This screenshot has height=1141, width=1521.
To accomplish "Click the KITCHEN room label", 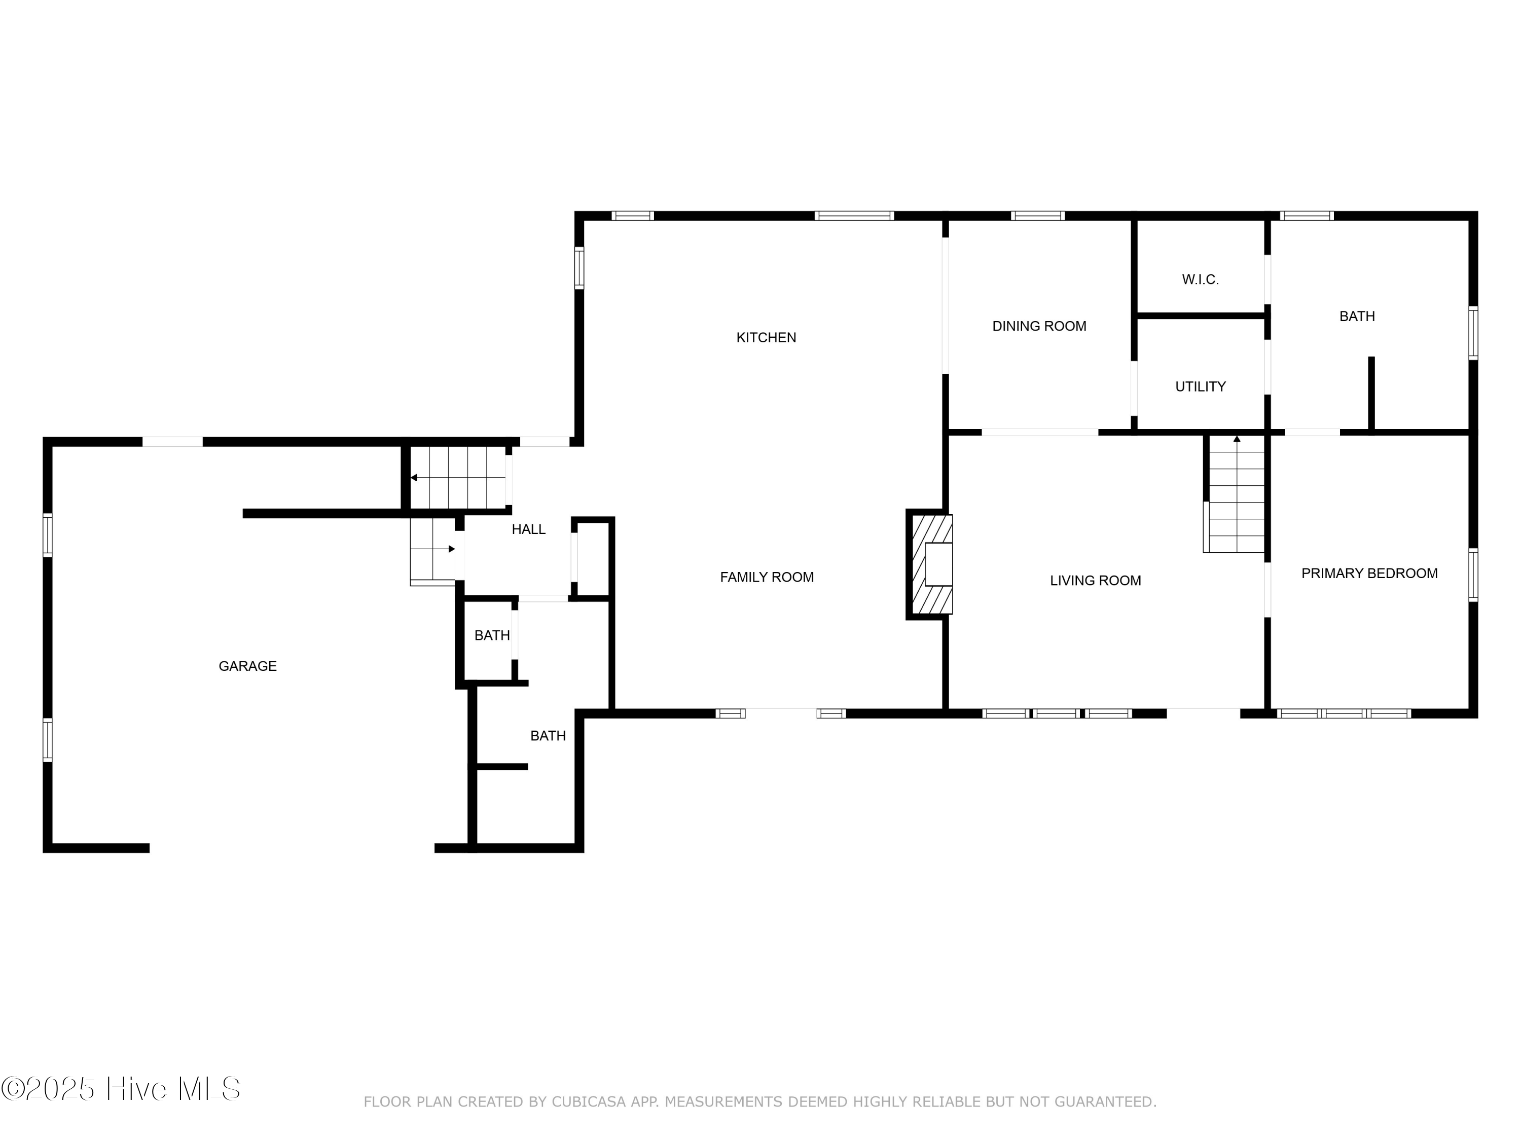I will pyautogui.click(x=766, y=338).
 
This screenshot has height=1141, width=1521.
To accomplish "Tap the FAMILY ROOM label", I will pyautogui.click(x=767, y=578).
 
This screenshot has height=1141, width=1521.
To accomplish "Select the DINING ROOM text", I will pyautogui.click(x=1039, y=327).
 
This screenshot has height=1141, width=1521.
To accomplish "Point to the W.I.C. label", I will pyautogui.click(x=1200, y=280).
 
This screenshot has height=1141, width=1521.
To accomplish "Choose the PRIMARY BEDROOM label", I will pyautogui.click(x=1369, y=574).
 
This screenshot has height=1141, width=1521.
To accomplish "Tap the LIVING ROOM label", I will pyautogui.click(x=1095, y=581).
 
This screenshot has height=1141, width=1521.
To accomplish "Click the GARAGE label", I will pyautogui.click(x=247, y=666).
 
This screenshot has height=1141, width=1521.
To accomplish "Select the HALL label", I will pyautogui.click(x=528, y=529).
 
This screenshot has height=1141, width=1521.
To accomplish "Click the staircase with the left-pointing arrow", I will pyautogui.click(x=457, y=477).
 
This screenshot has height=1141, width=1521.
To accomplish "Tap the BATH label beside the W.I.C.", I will pyautogui.click(x=1357, y=317).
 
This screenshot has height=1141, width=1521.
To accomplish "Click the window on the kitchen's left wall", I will pyautogui.click(x=579, y=268).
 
